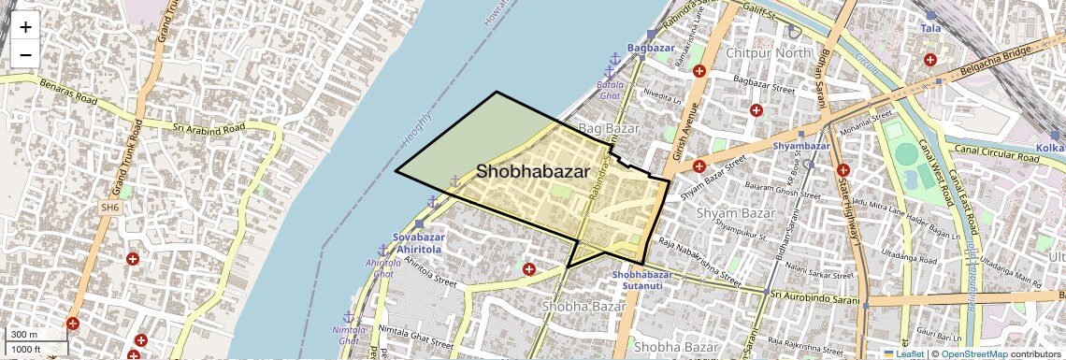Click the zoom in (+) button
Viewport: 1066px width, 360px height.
coord(25,26)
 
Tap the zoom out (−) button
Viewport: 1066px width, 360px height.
coord(25,54)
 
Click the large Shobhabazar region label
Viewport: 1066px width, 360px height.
coord(533,172)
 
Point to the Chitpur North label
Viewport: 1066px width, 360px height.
coord(769,53)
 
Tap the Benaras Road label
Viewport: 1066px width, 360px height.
coord(68,91)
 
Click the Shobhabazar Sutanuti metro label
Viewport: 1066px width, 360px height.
coord(642,280)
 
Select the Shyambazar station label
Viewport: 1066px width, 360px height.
coord(802,146)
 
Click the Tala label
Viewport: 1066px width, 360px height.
coord(930,29)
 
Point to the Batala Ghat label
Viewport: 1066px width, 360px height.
coord(609,91)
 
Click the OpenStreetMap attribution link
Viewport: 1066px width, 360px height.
coord(974,354)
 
